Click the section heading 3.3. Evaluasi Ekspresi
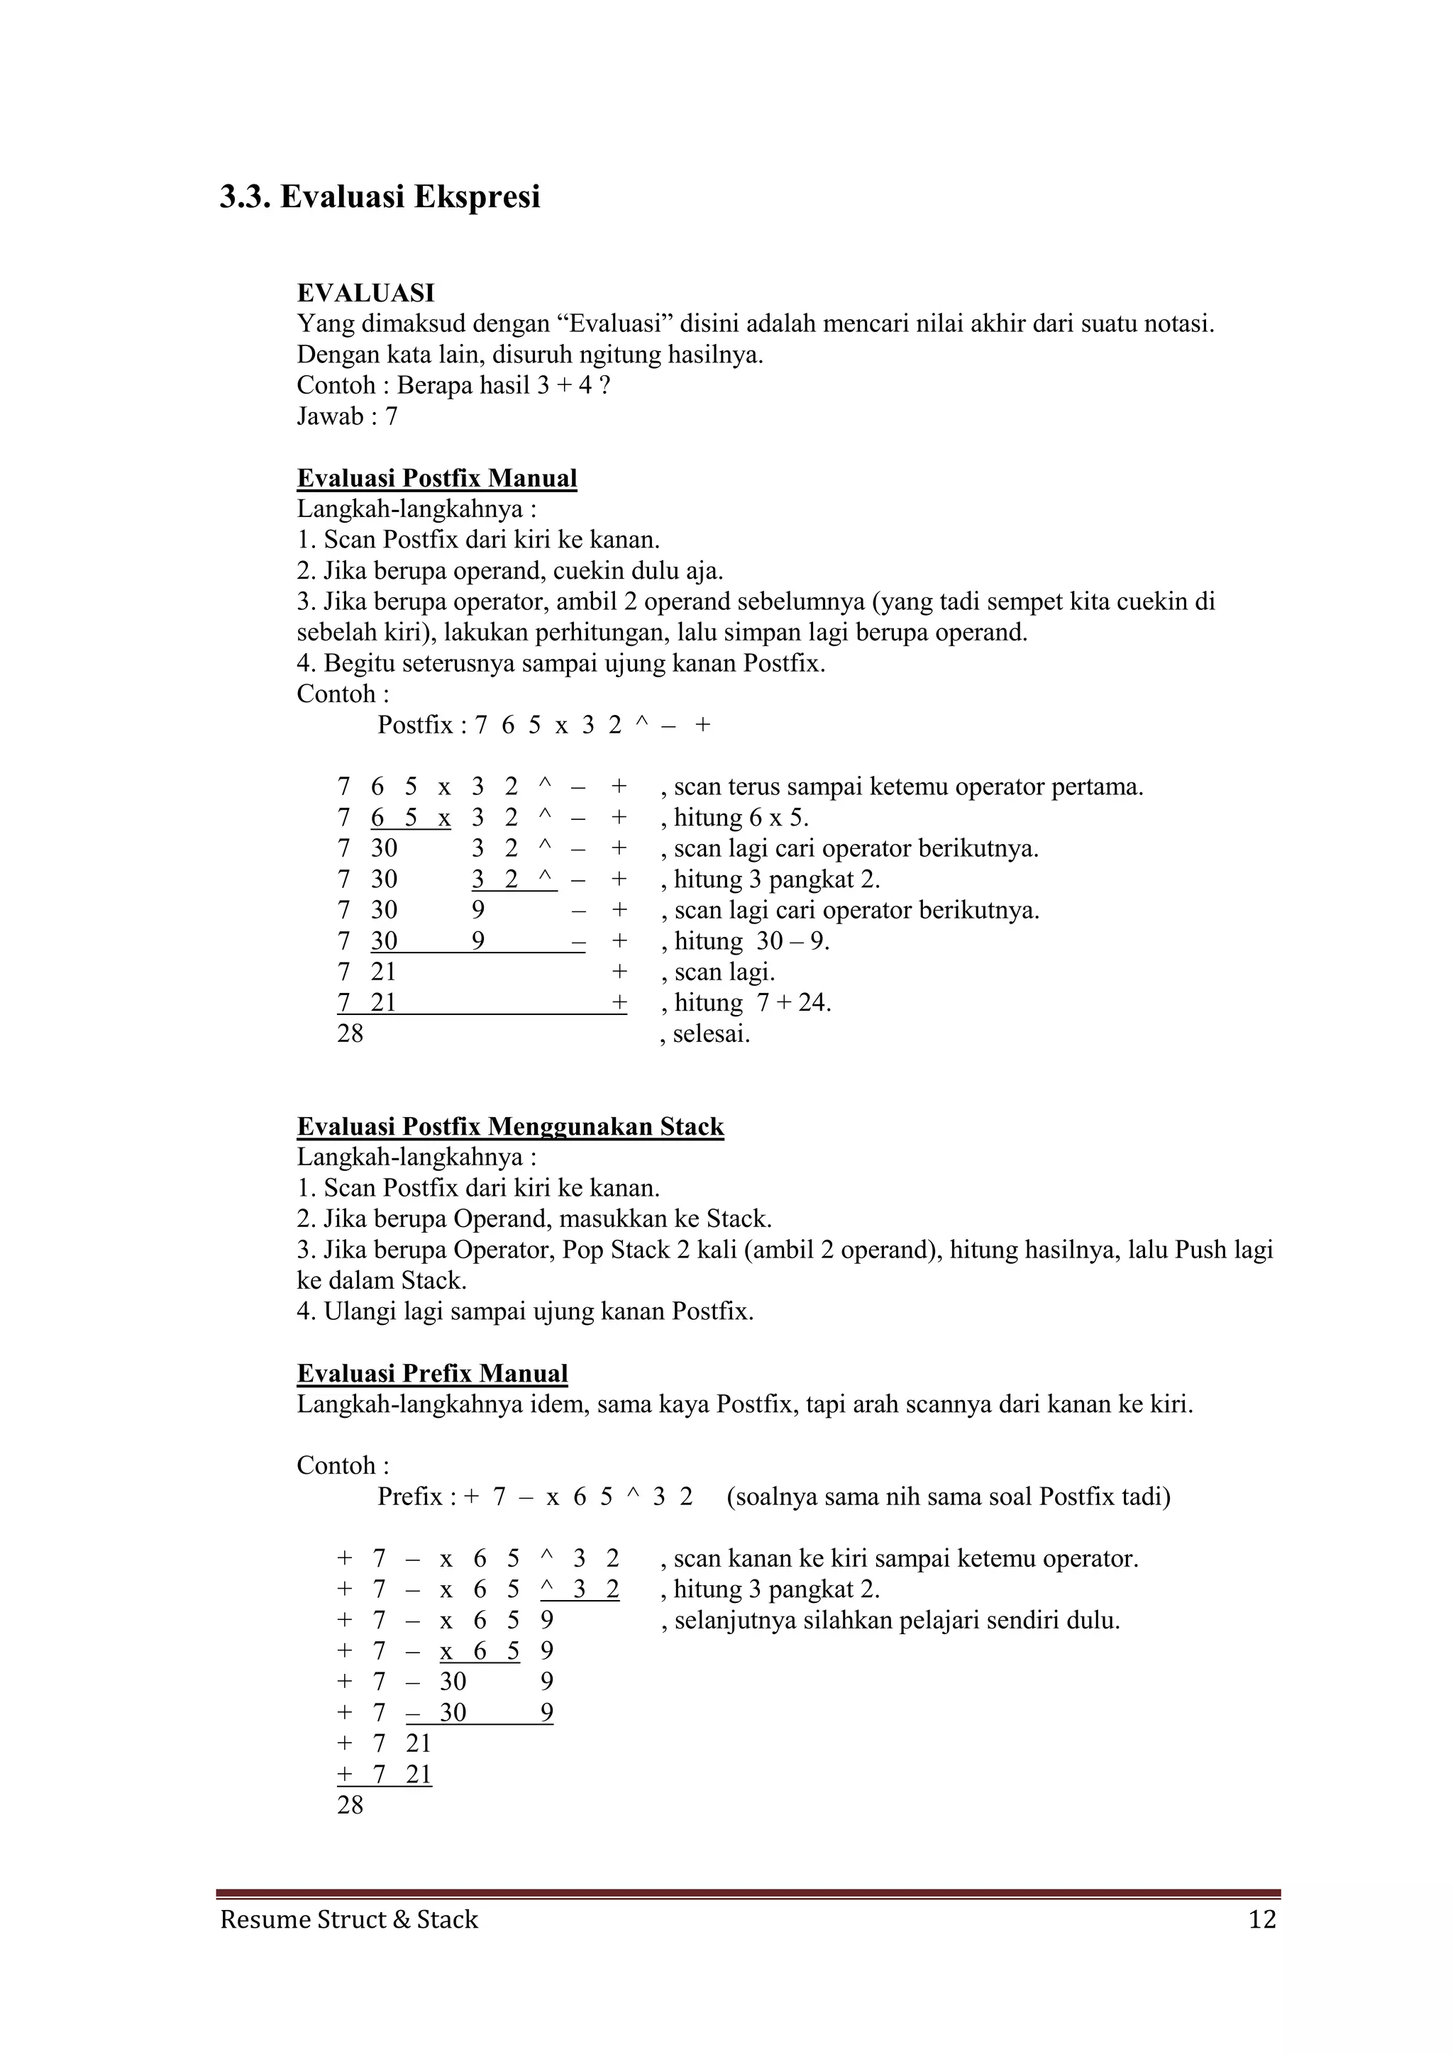(x=380, y=196)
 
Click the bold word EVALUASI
(x=365, y=292)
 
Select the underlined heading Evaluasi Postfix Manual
(x=436, y=479)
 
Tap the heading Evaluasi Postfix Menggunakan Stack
(x=510, y=1126)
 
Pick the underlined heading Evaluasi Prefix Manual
(x=432, y=1373)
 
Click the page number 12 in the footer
(x=1261, y=1920)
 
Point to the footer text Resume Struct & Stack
(x=349, y=1920)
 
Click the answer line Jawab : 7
(x=347, y=416)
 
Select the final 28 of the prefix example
(x=350, y=1805)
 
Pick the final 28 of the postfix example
(x=350, y=1034)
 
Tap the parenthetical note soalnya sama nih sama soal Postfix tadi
(x=949, y=1497)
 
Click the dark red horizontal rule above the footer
(x=748, y=1894)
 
